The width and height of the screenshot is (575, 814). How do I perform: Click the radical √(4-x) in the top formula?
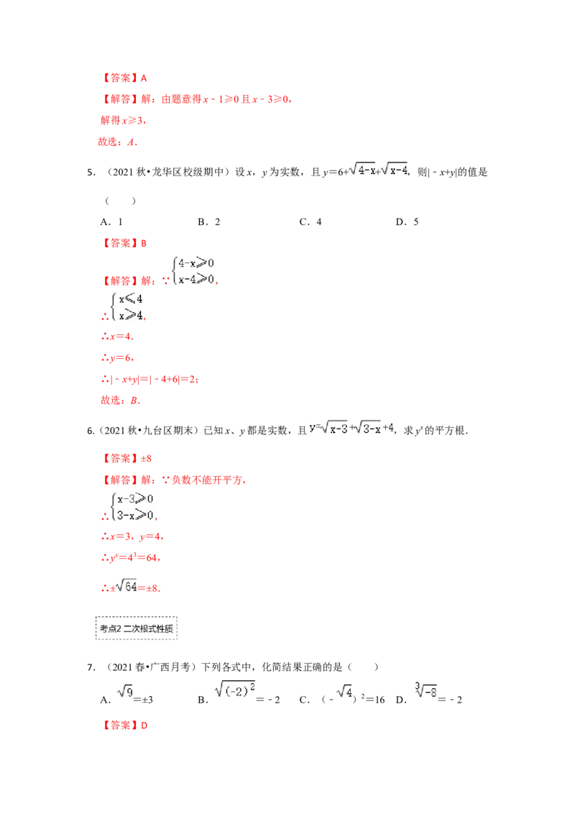point(362,170)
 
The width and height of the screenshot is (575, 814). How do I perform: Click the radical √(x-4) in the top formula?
point(394,170)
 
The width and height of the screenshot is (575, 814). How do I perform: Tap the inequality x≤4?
point(131,298)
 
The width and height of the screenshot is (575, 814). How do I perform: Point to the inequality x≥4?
point(131,314)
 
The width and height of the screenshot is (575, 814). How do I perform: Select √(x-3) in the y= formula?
point(335,428)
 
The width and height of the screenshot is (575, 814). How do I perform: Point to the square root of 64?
point(126,587)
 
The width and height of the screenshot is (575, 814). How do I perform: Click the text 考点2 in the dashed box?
point(110,628)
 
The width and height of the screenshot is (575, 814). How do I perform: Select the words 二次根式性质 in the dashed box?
point(149,628)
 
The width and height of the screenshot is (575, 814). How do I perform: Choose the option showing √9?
point(124,692)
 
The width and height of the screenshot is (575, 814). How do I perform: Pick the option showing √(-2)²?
point(235,690)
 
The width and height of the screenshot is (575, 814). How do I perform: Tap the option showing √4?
point(344,692)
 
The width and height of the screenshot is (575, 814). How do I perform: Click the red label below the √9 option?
point(126,726)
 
